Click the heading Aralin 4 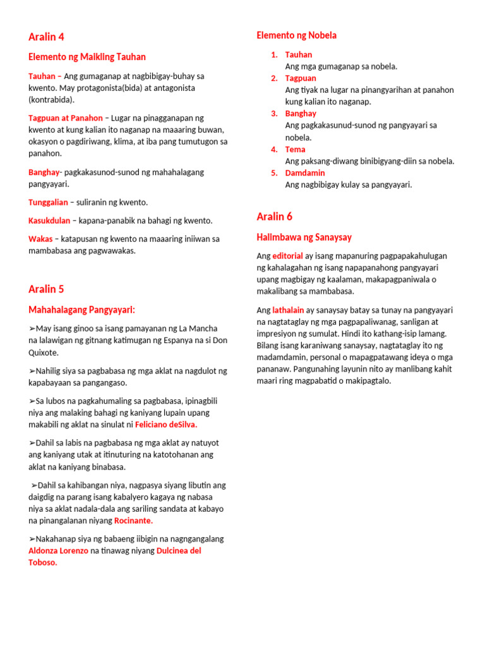click(46, 37)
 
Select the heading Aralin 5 click(46, 289)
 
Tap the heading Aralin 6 click(274, 217)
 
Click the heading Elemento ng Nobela click(296, 35)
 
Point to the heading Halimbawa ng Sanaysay click(304, 238)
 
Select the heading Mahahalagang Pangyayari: click(82, 310)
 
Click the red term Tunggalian click(48, 202)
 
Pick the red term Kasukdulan click(49, 221)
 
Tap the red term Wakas click(40, 239)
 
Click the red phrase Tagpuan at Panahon click(65, 118)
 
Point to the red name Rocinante click(133, 521)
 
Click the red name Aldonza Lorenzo click(58, 551)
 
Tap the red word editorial click(287, 256)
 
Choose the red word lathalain click(288, 310)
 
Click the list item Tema click(295, 150)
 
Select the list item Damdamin click(305, 173)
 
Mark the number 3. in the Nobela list click(275, 114)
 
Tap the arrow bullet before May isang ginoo click(32, 329)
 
